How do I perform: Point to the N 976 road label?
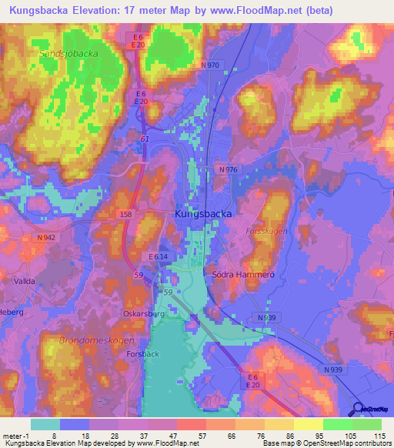pos(228,169)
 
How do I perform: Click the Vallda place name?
pos(24,282)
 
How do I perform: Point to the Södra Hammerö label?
pos(239,274)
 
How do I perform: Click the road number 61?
pos(145,139)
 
